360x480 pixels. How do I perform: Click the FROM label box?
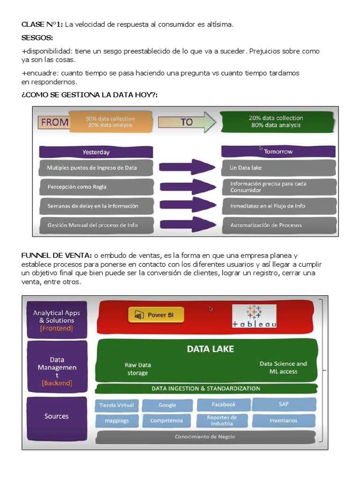(x=54, y=122)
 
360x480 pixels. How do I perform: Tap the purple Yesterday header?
(x=96, y=152)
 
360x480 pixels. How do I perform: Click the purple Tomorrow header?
(x=278, y=151)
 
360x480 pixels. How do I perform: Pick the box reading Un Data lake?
(x=278, y=167)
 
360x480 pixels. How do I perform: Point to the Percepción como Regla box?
(x=96, y=187)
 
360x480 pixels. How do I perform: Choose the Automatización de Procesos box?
(x=278, y=225)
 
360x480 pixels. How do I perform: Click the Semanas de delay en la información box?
(x=96, y=206)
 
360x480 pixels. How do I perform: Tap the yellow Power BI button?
(x=156, y=315)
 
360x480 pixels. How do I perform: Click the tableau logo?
(x=254, y=316)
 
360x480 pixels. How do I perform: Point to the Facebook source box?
(x=223, y=405)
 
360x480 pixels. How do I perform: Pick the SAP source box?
(x=283, y=404)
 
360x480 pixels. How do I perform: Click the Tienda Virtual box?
(x=117, y=405)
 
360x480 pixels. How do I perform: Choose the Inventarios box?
(x=283, y=420)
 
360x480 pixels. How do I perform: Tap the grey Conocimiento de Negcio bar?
(x=205, y=436)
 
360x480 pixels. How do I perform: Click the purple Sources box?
(x=57, y=416)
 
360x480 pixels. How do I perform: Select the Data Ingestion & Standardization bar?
(x=205, y=389)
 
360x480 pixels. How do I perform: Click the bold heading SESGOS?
(x=37, y=37)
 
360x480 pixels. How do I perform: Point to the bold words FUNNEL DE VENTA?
(x=57, y=255)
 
